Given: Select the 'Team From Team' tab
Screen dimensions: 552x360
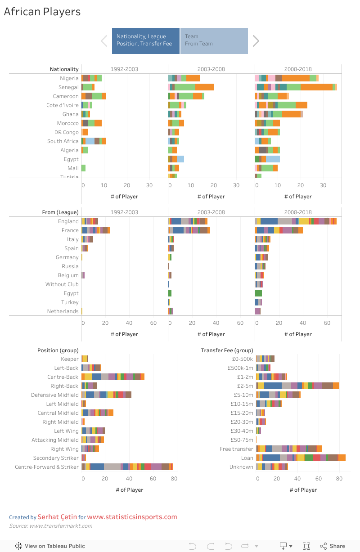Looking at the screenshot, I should tap(214, 40).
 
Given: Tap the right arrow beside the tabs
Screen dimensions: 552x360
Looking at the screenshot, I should tap(256, 41).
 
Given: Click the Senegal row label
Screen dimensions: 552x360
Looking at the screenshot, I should tap(68, 87).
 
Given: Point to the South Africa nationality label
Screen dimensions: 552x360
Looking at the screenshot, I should tap(63, 141).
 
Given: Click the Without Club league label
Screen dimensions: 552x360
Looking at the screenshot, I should tap(62, 284).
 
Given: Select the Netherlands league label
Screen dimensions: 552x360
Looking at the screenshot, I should tap(63, 311).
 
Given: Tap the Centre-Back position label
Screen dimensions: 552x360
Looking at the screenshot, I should tap(63, 377).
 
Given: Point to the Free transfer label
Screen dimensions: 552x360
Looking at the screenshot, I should tap(237, 449).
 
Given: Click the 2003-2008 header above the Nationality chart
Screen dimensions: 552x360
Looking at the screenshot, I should tap(211, 69).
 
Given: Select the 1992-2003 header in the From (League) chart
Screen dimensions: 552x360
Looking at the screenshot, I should tap(124, 212).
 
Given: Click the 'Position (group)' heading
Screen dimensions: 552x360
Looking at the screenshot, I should tap(58, 350).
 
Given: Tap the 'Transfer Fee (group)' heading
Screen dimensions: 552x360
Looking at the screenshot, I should tap(227, 350).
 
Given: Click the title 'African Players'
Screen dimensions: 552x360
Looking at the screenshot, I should tap(42, 12).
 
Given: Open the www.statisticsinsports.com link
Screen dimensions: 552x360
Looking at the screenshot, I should tap(132, 517).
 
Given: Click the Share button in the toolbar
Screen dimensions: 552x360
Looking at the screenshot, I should tap(333, 546).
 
